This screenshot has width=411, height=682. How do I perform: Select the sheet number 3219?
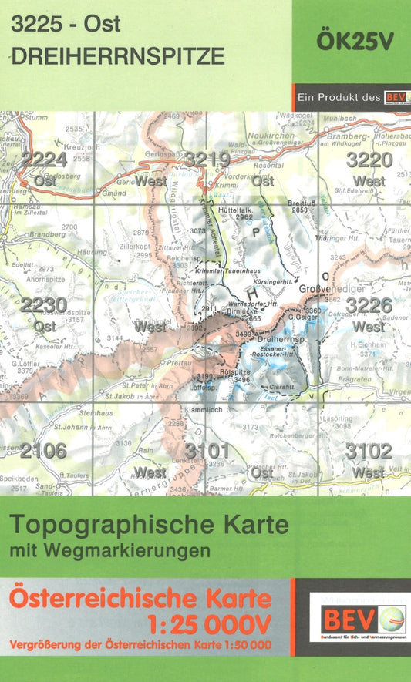point(207,160)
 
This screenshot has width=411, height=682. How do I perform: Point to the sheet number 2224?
point(44,160)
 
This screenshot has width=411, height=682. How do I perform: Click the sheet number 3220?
point(369,160)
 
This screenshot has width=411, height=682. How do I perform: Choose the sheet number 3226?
point(369,306)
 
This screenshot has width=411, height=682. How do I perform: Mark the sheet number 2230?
point(44,305)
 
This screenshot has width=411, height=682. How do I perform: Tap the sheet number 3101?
point(207,450)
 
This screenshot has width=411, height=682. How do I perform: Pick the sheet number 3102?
point(369,450)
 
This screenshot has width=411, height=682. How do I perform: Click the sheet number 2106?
point(44,451)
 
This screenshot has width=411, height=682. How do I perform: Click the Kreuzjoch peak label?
point(83,146)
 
